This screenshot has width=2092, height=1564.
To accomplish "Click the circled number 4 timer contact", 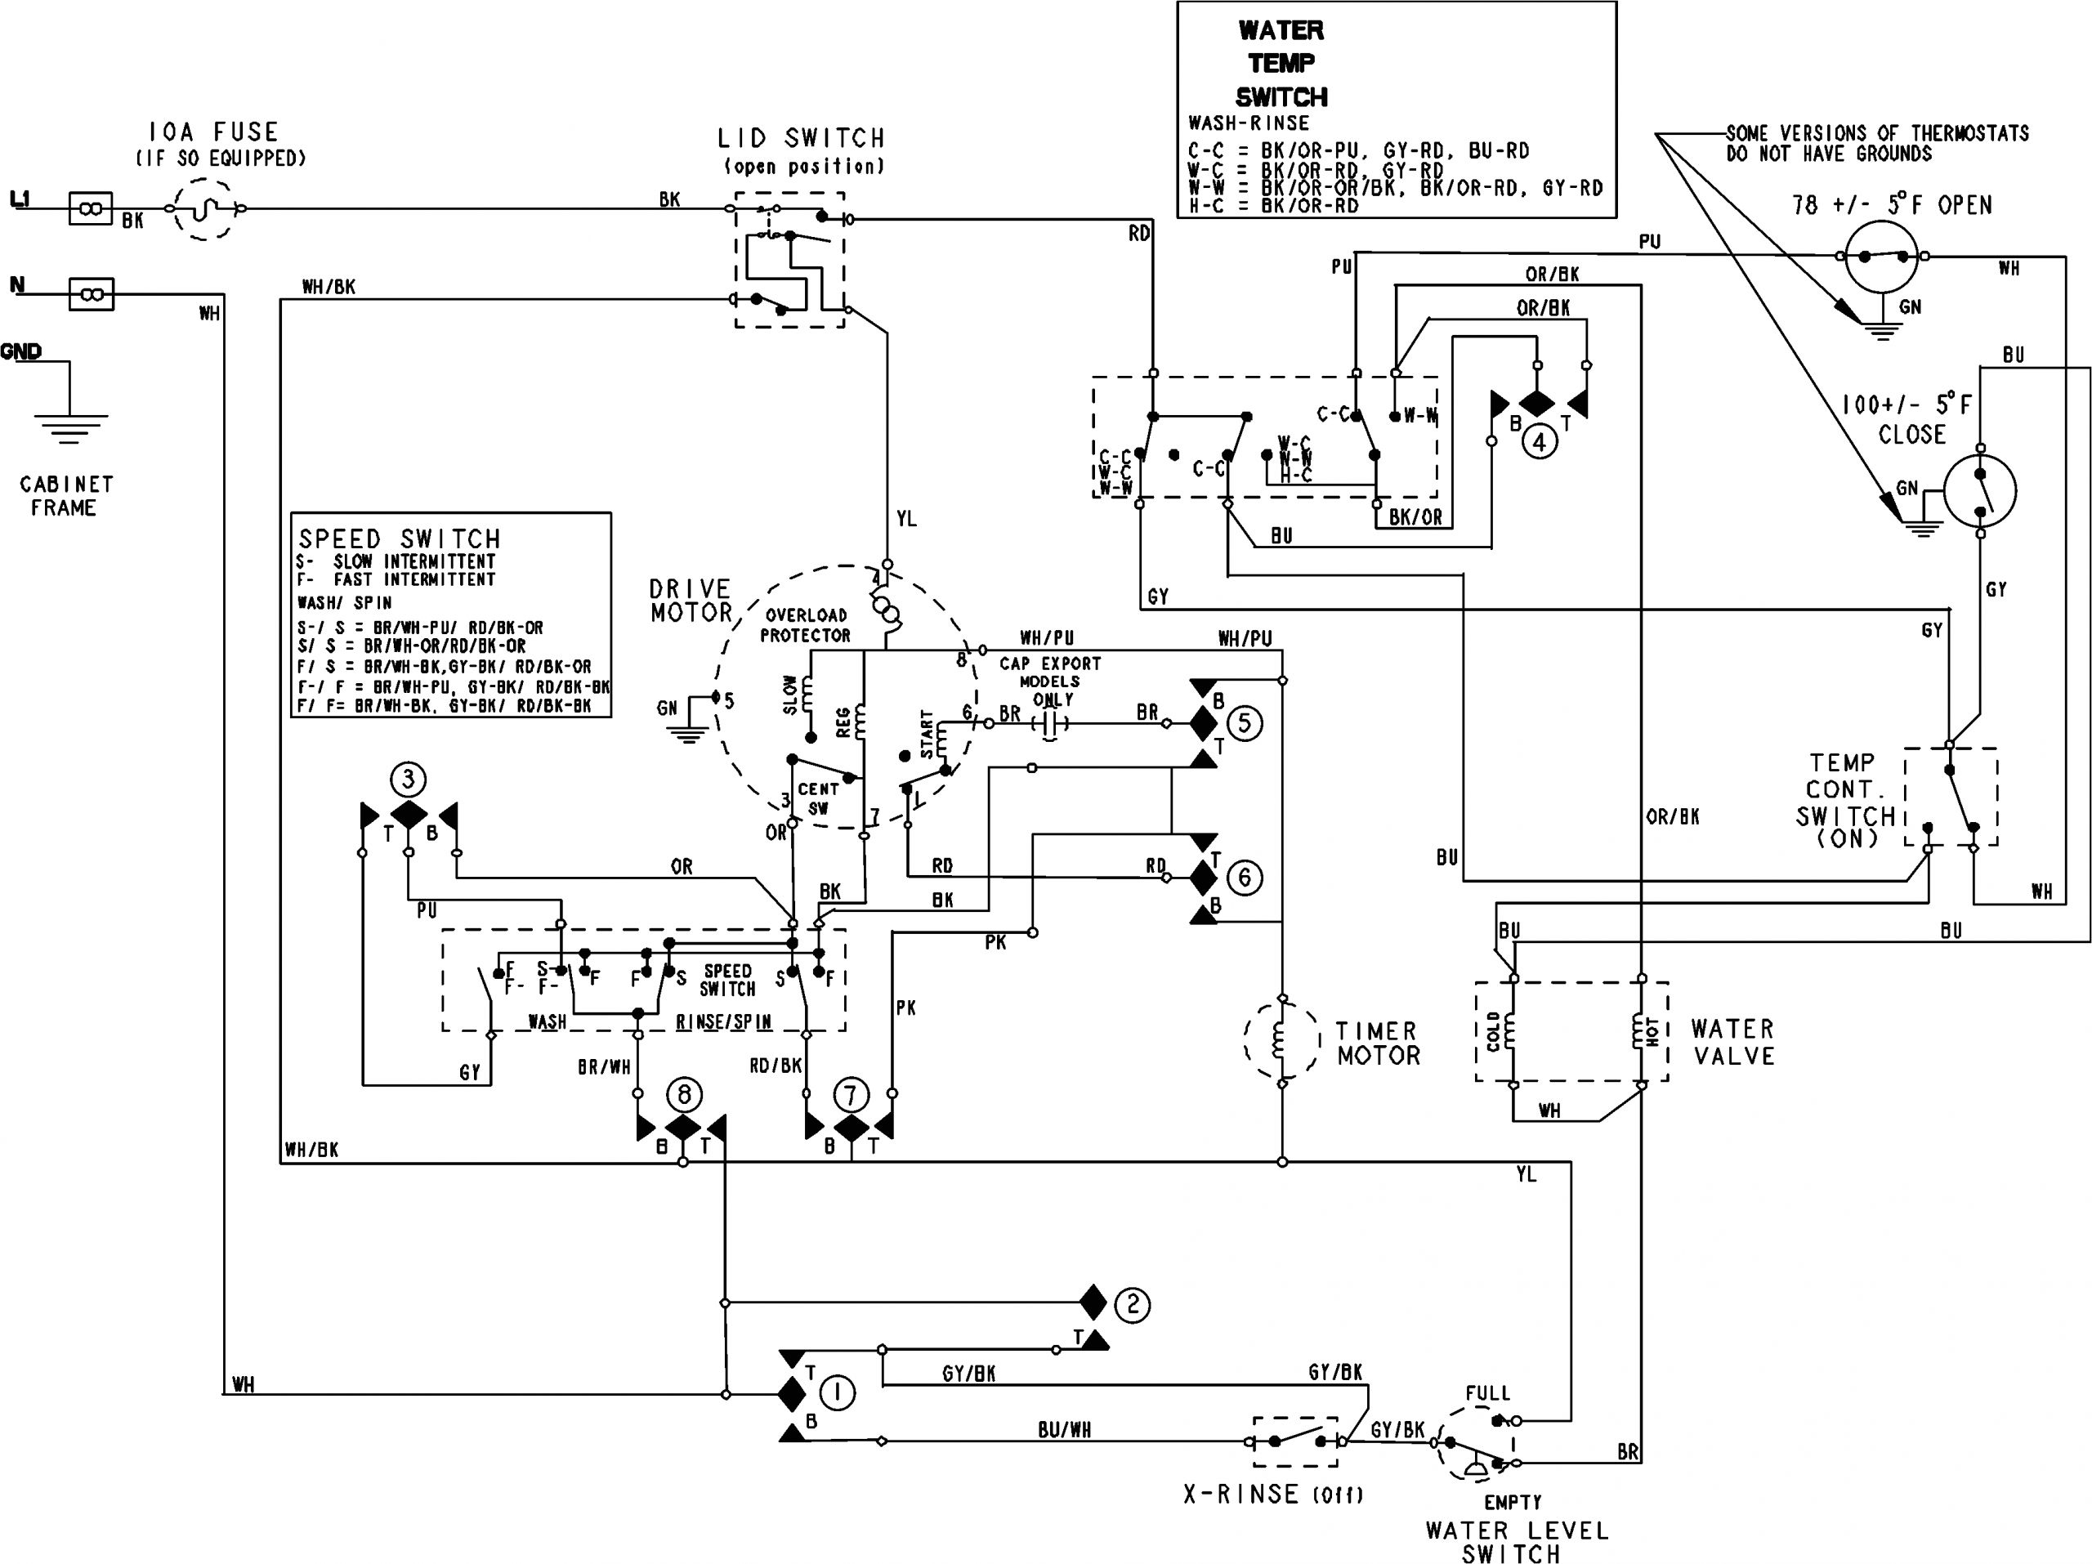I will (x=1539, y=440).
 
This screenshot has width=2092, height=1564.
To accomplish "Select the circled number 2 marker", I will (x=1132, y=1305).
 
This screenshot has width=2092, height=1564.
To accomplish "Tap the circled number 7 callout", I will (x=850, y=1096).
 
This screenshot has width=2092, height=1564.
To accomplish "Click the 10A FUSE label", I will (x=214, y=132).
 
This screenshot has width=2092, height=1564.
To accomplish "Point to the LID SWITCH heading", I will (x=801, y=138).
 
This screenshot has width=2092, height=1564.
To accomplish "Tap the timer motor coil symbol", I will (x=1281, y=1041).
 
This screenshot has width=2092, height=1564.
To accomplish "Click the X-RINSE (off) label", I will (x=1273, y=1494).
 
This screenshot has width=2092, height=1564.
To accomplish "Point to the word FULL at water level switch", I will (x=1487, y=1393).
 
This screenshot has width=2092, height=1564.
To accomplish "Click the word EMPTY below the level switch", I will (x=1513, y=1502).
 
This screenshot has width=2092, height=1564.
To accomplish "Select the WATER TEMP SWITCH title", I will (x=1281, y=64).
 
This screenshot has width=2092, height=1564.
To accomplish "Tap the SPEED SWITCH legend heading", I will (x=399, y=539).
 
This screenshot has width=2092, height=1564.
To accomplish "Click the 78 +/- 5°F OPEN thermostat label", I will (x=1892, y=204).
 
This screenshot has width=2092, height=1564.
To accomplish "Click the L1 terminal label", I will (x=19, y=199).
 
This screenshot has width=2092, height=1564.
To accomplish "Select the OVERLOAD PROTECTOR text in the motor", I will (x=806, y=625).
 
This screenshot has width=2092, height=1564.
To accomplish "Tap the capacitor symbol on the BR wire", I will (x=1048, y=724).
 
